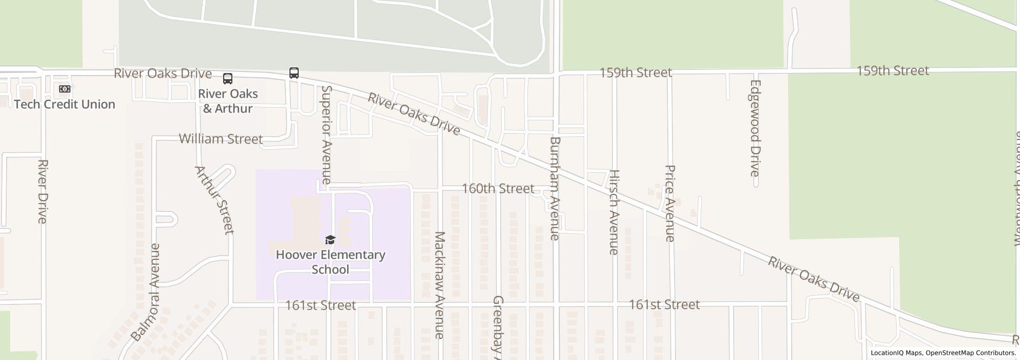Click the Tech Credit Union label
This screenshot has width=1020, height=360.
(x=65, y=104)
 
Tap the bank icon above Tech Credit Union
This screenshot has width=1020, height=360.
(x=64, y=89)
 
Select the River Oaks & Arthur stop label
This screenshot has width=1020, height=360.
(x=228, y=101)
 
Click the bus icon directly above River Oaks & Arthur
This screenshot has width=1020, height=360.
(x=228, y=79)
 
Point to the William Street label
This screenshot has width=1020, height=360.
(x=221, y=139)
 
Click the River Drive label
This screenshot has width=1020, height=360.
(x=43, y=191)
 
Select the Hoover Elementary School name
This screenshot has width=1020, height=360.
(x=331, y=262)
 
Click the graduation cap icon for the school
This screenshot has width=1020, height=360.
(x=330, y=240)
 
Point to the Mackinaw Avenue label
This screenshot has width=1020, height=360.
(x=440, y=285)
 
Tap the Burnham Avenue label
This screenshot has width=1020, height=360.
(x=555, y=188)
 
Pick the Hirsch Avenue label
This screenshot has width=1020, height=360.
(x=614, y=212)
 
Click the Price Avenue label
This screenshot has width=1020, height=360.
(x=670, y=203)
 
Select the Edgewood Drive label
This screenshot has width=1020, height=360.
(x=755, y=128)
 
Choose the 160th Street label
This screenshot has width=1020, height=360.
(x=498, y=189)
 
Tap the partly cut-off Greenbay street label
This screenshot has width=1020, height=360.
(x=498, y=327)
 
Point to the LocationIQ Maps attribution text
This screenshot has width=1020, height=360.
(x=896, y=353)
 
